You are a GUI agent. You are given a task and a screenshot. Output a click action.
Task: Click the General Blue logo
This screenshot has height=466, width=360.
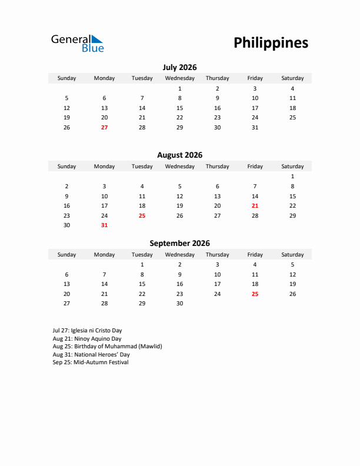[x=77, y=43]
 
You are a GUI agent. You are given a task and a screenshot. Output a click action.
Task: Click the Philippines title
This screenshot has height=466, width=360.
[x=271, y=43]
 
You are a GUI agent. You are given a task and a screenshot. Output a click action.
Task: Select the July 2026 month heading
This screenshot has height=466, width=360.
[x=179, y=67]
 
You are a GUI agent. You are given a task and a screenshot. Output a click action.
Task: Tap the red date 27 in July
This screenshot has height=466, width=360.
[x=104, y=127]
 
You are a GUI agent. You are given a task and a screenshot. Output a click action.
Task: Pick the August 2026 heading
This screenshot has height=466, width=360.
[x=179, y=155]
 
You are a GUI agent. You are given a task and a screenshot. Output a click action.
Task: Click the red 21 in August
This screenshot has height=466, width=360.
[x=255, y=206]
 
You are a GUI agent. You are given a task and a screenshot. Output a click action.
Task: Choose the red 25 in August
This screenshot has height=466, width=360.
[x=142, y=215]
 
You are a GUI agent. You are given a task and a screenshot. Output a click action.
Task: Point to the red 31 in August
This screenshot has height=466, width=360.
[x=104, y=225]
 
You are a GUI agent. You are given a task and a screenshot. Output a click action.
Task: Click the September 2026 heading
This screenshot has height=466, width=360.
[x=179, y=243]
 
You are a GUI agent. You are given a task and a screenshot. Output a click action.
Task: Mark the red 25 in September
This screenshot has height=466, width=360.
[x=255, y=294]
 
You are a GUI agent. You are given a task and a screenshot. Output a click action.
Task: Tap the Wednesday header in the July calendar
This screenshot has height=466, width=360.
[x=179, y=78]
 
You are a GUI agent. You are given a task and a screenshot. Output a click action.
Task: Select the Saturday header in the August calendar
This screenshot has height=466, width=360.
[x=292, y=167]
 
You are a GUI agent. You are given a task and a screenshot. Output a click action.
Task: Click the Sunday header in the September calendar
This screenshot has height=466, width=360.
[x=66, y=255]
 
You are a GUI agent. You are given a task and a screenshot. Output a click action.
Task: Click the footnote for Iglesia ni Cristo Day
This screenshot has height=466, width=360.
[x=87, y=331]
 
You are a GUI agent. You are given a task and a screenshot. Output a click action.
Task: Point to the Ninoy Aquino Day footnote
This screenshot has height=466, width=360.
[x=86, y=339]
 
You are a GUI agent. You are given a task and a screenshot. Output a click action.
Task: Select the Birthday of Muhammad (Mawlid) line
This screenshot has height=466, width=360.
[x=106, y=347]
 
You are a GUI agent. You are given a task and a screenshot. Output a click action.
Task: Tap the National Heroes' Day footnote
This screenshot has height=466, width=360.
[x=91, y=355]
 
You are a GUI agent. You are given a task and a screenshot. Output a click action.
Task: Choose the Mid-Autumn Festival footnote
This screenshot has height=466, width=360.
[x=90, y=362]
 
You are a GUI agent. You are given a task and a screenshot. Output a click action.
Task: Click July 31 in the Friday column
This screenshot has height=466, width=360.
[x=255, y=127]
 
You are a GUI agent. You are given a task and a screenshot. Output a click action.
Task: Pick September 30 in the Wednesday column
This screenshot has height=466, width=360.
[x=179, y=304]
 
